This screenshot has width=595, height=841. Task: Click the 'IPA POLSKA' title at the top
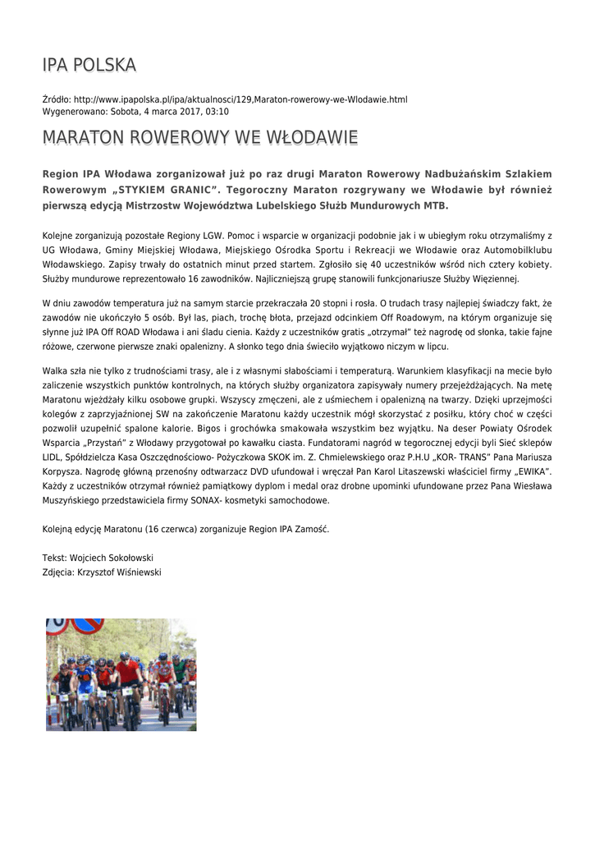89,65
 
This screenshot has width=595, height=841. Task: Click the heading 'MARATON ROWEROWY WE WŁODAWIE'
200,137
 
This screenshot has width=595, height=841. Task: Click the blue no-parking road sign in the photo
87,626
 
